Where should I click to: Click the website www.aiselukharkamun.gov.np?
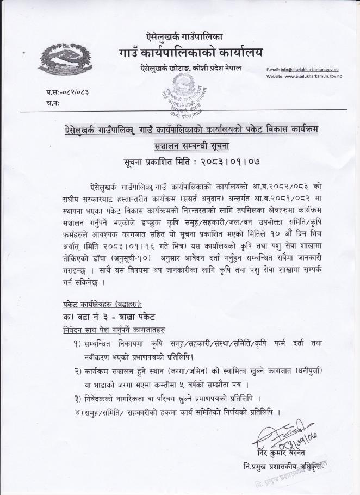coord(312,77)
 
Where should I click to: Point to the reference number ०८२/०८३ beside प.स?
coord(76,92)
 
